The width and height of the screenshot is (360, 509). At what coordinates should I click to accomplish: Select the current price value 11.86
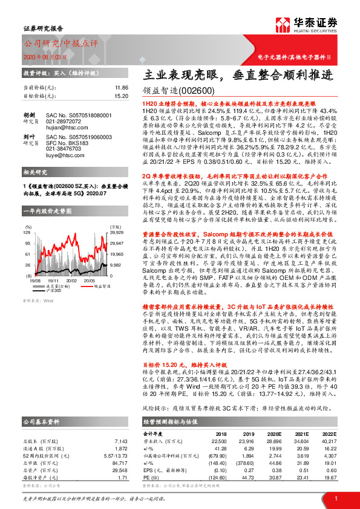coord(122,88)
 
